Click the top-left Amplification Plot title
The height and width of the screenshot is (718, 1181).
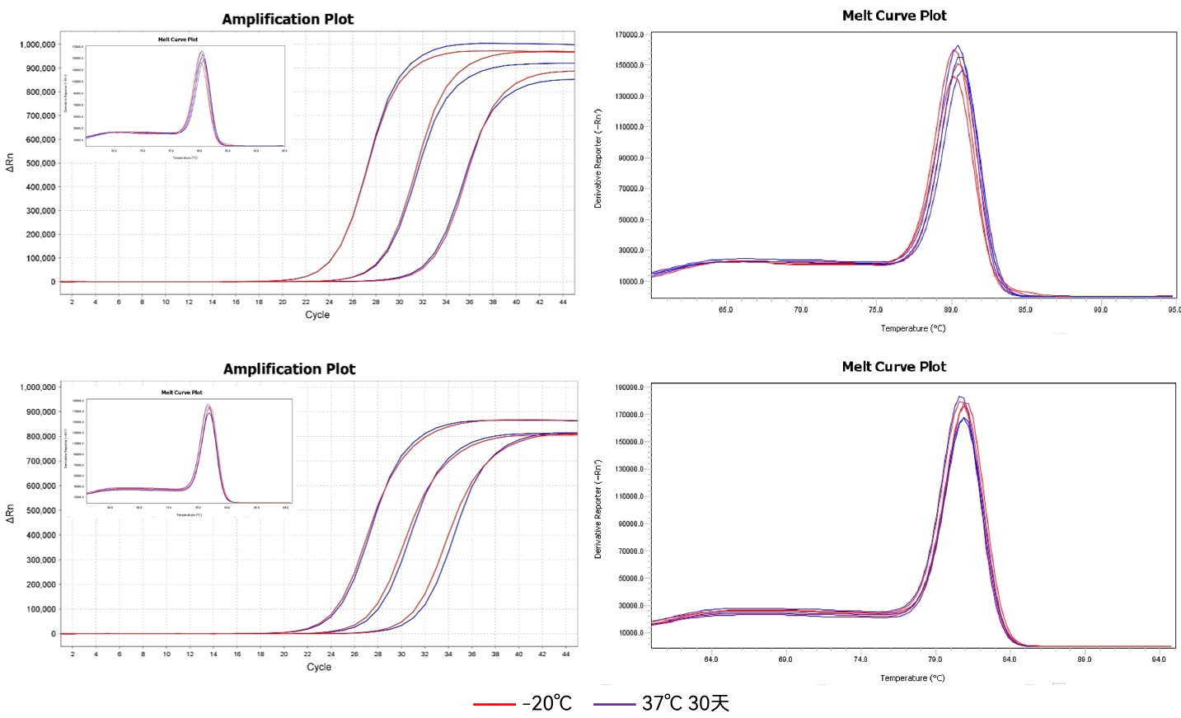(288, 19)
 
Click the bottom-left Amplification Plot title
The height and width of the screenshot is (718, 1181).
(289, 368)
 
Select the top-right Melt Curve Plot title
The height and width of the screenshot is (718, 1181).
(894, 16)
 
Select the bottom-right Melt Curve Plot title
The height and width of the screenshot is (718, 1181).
(894, 367)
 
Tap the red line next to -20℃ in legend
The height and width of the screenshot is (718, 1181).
(494, 704)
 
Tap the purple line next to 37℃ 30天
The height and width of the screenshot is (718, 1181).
(614, 704)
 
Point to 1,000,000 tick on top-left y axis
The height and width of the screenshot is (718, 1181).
(38, 45)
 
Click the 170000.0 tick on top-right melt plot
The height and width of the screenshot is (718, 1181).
(630, 35)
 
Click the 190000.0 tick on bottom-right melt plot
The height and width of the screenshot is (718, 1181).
(630, 387)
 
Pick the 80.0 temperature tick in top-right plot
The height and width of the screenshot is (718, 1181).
(950, 310)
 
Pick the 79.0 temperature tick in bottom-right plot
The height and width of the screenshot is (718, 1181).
(935, 659)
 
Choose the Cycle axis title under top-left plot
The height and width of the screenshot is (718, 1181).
(317, 315)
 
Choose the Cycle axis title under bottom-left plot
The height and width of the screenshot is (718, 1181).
(319, 667)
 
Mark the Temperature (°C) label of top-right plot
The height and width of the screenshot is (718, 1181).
(913, 328)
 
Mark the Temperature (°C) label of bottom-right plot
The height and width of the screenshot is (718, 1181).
(912, 678)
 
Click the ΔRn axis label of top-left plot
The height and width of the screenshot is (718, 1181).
(10, 162)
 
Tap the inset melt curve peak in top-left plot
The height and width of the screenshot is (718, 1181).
(202, 54)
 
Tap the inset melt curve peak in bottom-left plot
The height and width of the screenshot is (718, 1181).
(209, 406)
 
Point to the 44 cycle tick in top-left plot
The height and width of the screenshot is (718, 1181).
(563, 303)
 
